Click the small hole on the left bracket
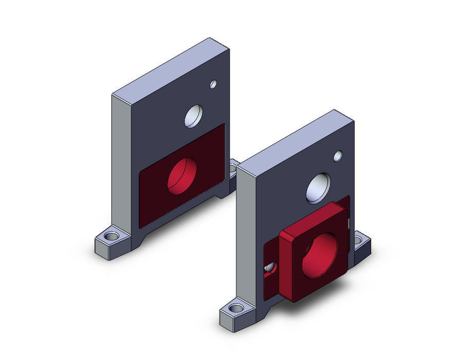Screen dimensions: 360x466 coord(213,84)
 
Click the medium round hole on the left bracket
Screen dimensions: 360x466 coord(194,116)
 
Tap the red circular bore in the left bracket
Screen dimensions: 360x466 coord(182,175)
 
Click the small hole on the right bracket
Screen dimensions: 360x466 coord(338,155)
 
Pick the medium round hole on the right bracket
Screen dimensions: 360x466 coord(318,188)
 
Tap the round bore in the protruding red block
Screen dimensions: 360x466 coord(319,255)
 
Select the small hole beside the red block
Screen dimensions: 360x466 coord(270,267)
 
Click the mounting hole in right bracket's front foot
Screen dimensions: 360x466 coord(236,309)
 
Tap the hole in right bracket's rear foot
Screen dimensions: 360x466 coord(359,239)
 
